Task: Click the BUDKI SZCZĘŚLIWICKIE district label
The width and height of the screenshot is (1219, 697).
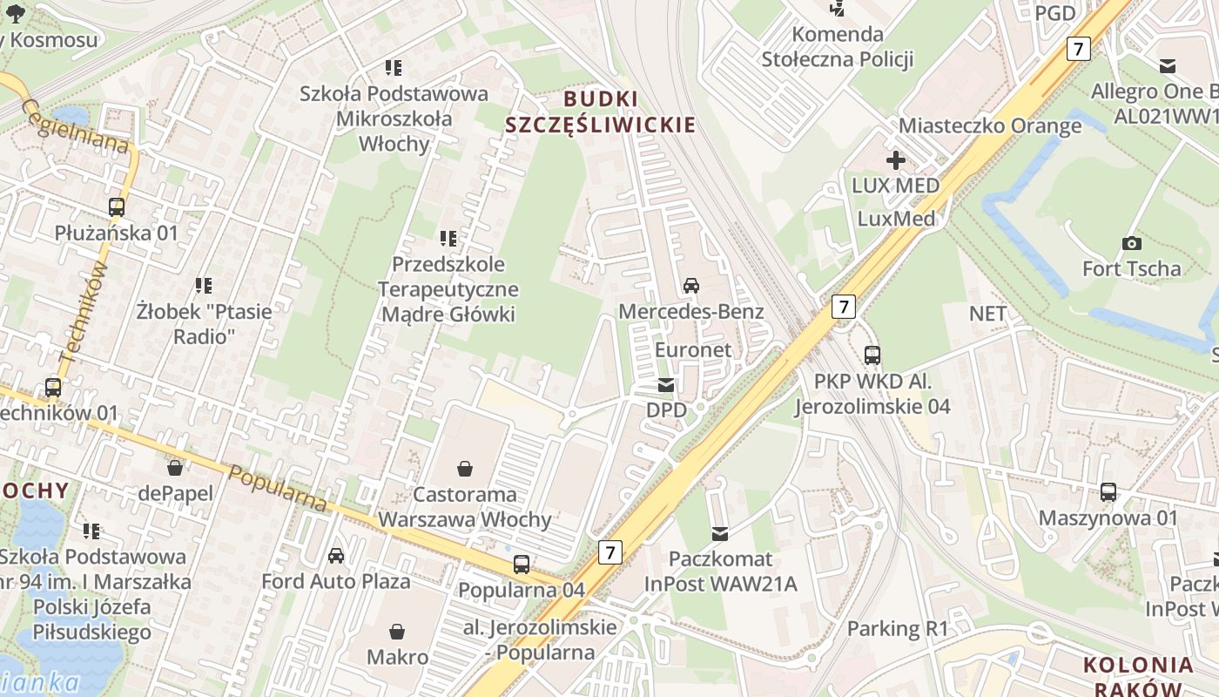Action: tap(601, 112)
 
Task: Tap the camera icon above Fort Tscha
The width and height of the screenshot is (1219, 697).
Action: tap(1132, 243)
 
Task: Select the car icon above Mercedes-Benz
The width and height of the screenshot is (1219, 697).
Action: tap(691, 286)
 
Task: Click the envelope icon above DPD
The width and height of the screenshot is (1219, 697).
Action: tap(666, 385)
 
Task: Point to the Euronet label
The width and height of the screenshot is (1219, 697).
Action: tap(693, 349)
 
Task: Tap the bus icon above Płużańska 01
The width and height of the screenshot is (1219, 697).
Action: tap(117, 207)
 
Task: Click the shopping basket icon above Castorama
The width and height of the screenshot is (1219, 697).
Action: tap(465, 469)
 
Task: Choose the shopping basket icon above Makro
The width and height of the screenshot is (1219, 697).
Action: tap(397, 631)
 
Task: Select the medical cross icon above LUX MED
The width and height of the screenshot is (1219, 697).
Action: tap(895, 160)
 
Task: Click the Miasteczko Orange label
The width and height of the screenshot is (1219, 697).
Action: tap(990, 125)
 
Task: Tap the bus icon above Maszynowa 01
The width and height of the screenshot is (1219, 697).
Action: tap(1108, 492)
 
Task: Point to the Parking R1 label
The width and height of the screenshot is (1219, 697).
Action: tap(897, 628)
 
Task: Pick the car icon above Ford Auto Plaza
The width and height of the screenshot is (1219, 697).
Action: tap(336, 556)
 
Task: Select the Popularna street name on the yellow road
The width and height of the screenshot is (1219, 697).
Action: tap(278, 488)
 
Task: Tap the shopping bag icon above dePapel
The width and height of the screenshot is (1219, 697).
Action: tap(175, 468)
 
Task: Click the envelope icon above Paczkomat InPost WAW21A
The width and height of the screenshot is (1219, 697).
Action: tap(720, 533)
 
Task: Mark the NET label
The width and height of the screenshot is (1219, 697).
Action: tap(987, 314)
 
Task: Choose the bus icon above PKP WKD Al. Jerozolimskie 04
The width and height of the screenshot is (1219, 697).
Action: tap(872, 355)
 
